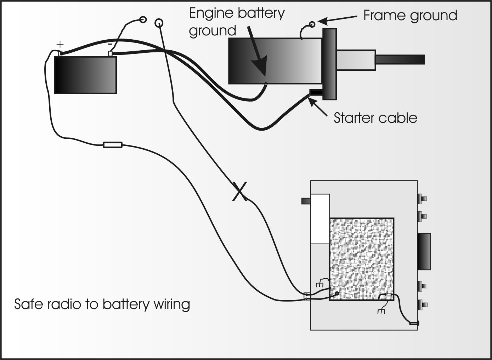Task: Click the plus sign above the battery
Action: (61, 45)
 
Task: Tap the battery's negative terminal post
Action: (110, 53)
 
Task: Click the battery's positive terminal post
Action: (60, 54)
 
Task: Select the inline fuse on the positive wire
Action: (113, 144)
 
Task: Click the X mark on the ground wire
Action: (240, 191)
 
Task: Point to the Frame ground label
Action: (410, 16)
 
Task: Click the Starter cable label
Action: (375, 118)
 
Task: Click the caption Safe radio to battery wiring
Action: (102, 304)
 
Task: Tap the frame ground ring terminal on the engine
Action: (312, 24)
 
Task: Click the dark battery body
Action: (85, 75)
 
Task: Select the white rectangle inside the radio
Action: (320, 219)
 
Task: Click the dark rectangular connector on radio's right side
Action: (424, 251)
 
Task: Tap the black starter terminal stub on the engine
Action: (316, 92)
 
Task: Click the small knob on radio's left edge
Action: (306, 201)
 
